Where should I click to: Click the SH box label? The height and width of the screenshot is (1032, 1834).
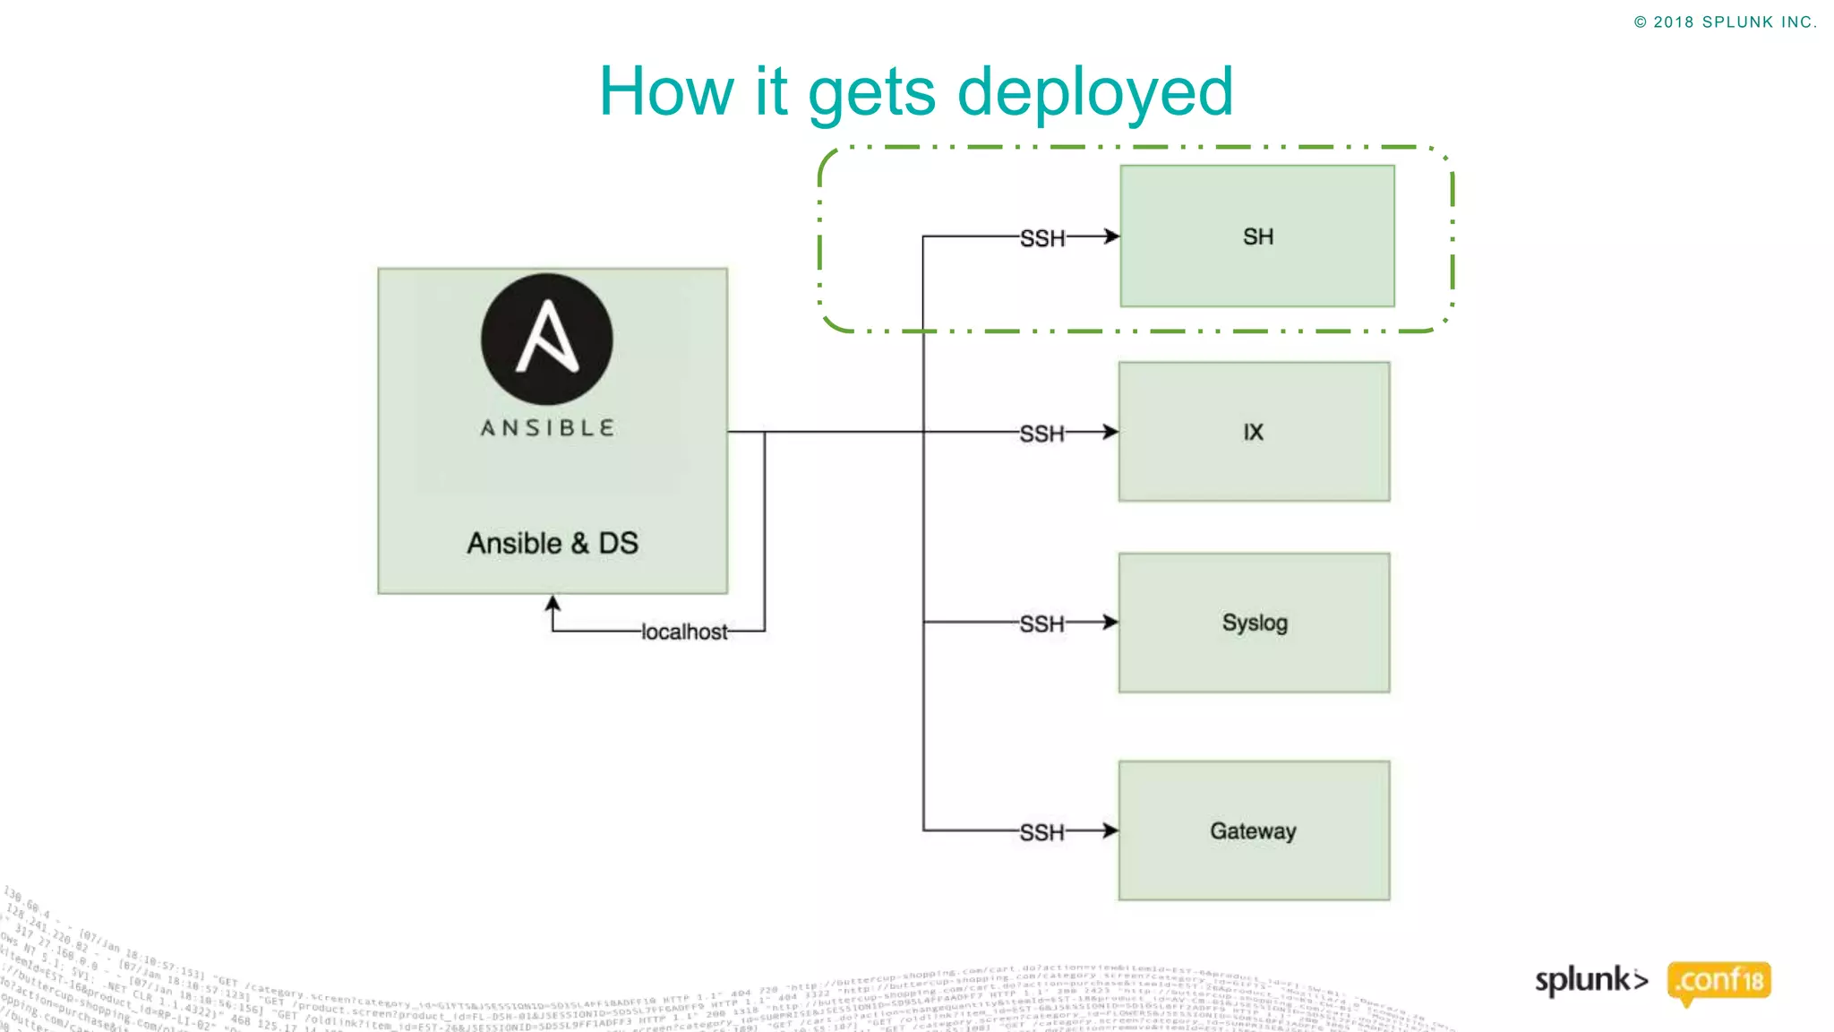1257,236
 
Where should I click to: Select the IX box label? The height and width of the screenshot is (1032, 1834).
1253,433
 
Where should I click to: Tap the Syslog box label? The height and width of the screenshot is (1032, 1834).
1255,623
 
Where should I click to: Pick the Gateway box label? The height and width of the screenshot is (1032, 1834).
1253,831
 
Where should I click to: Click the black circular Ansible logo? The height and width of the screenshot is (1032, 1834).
547,340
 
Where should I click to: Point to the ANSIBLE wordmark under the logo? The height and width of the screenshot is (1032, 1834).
547,428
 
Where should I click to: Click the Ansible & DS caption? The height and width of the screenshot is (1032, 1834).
553,543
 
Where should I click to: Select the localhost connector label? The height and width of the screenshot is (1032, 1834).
684,632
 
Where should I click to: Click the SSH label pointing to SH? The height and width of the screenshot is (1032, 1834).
1042,238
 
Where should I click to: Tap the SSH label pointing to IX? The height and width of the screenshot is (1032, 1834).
1042,434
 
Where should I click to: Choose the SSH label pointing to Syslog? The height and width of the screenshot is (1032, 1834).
1042,623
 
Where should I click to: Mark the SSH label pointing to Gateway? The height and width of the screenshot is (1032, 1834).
1042,832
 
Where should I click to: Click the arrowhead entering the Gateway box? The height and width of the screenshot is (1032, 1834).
1110,830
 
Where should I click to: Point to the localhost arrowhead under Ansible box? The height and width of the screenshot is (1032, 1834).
553,604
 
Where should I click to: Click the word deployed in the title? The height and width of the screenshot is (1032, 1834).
1094,91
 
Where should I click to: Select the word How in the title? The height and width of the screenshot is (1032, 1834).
666,91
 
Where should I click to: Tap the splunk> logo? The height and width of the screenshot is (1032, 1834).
1590,980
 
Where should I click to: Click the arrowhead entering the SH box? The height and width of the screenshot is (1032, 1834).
1111,236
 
